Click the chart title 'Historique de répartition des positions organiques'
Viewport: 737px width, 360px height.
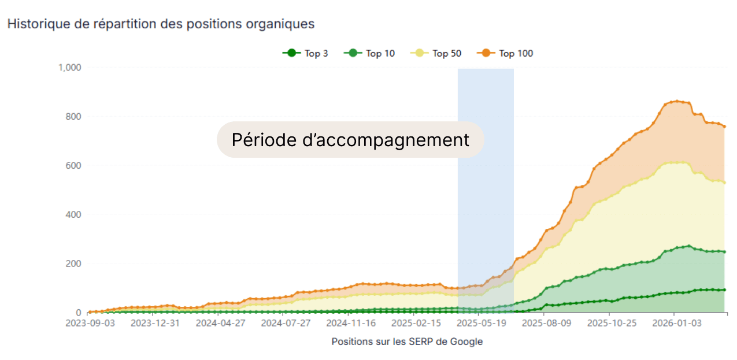click(161, 24)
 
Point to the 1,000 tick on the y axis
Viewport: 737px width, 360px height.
click(69, 68)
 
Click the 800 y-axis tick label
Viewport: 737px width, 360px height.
click(73, 116)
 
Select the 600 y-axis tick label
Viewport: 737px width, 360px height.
click(73, 165)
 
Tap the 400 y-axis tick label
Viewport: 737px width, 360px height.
click(73, 214)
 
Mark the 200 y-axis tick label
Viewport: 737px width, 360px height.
click(73, 263)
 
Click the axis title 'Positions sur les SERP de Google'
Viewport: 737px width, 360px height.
click(407, 342)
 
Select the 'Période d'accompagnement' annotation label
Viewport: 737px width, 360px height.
click(350, 140)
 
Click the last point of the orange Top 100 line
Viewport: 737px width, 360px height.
click(725, 127)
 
